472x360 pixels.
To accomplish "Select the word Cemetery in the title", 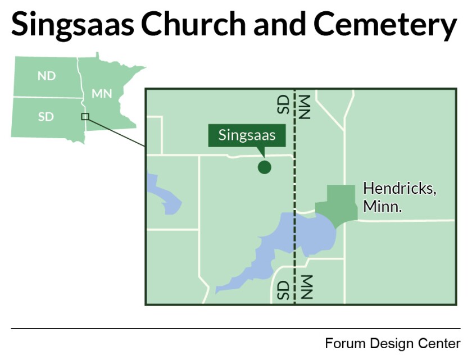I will pos(385,25).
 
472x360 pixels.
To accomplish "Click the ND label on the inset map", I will pos(46,76).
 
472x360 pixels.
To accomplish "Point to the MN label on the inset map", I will pos(102,93).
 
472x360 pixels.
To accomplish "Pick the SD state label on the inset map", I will pos(46,117).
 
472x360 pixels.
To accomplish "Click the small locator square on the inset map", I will pos(85,116).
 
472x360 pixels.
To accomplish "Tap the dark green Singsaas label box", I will pos(247,135).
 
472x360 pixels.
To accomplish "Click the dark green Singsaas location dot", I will pos(264,167).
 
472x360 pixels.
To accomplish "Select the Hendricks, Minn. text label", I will pos(399,197).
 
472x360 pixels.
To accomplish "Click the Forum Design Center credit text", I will pos(392,343).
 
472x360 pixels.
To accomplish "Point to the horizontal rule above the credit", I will pos(235,328).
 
